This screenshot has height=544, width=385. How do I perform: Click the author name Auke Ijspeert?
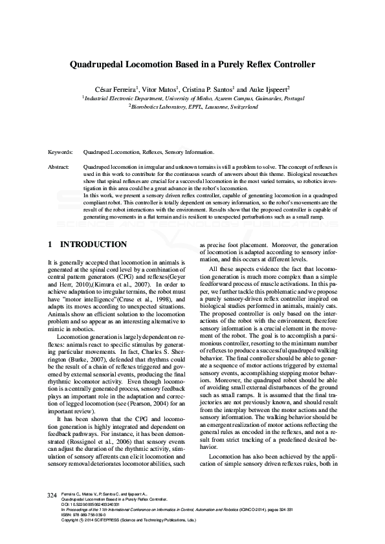pyautogui.click(x=267, y=88)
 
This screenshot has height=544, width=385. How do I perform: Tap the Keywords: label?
pyautogui.click(x=61, y=152)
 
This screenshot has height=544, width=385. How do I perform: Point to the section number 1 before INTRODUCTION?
pyautogui.click(x=50, y=245)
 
